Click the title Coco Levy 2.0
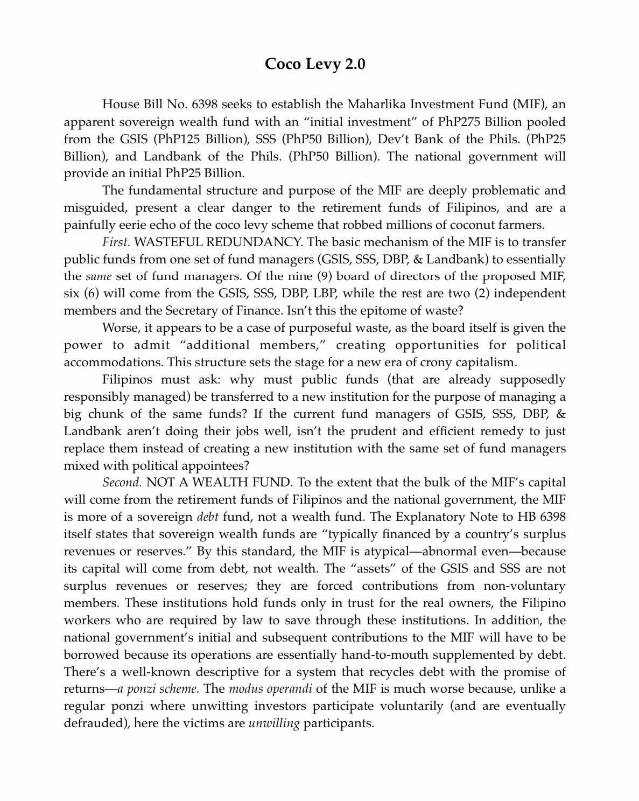tap(315, 64)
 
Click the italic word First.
tap(116, 242)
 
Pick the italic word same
tap(98, 276)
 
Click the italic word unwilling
tap(273, 723)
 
